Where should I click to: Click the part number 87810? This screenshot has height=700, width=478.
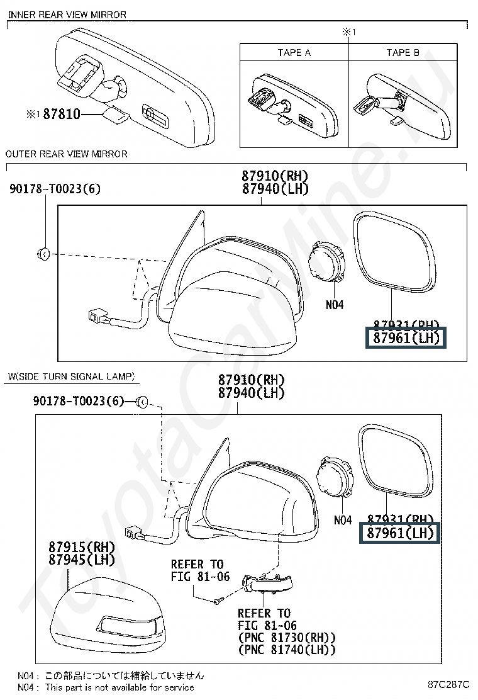click(x=62, y=115)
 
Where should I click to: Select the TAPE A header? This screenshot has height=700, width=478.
click(x=294, y=52)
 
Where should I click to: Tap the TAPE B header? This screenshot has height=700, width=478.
click(x=403, y=52)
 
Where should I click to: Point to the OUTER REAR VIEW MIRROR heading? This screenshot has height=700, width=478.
click(x=66, y=154)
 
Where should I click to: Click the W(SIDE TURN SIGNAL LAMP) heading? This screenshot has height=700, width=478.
click(x=71, y=376)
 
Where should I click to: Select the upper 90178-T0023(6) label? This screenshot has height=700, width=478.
click(x=55, y=189)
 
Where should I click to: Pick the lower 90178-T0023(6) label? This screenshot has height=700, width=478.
click(x=79, y=401)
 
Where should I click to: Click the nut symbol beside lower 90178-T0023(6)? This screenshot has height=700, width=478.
click(x=142, y=401)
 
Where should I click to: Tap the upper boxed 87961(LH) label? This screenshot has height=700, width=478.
click(x=406, y=339)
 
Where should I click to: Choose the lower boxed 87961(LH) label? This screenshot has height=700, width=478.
click(x=401, y=534)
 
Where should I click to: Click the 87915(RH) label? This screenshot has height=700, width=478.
click(x=82, y=546)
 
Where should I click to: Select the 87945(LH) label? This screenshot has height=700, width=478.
click(x=82, y=559)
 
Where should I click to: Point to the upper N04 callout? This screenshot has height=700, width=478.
click(x=335, y=305)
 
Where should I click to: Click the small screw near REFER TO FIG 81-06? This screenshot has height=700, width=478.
click(x=216, y=601)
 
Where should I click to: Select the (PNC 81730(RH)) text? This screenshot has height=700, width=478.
click(x=286, y=638)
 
